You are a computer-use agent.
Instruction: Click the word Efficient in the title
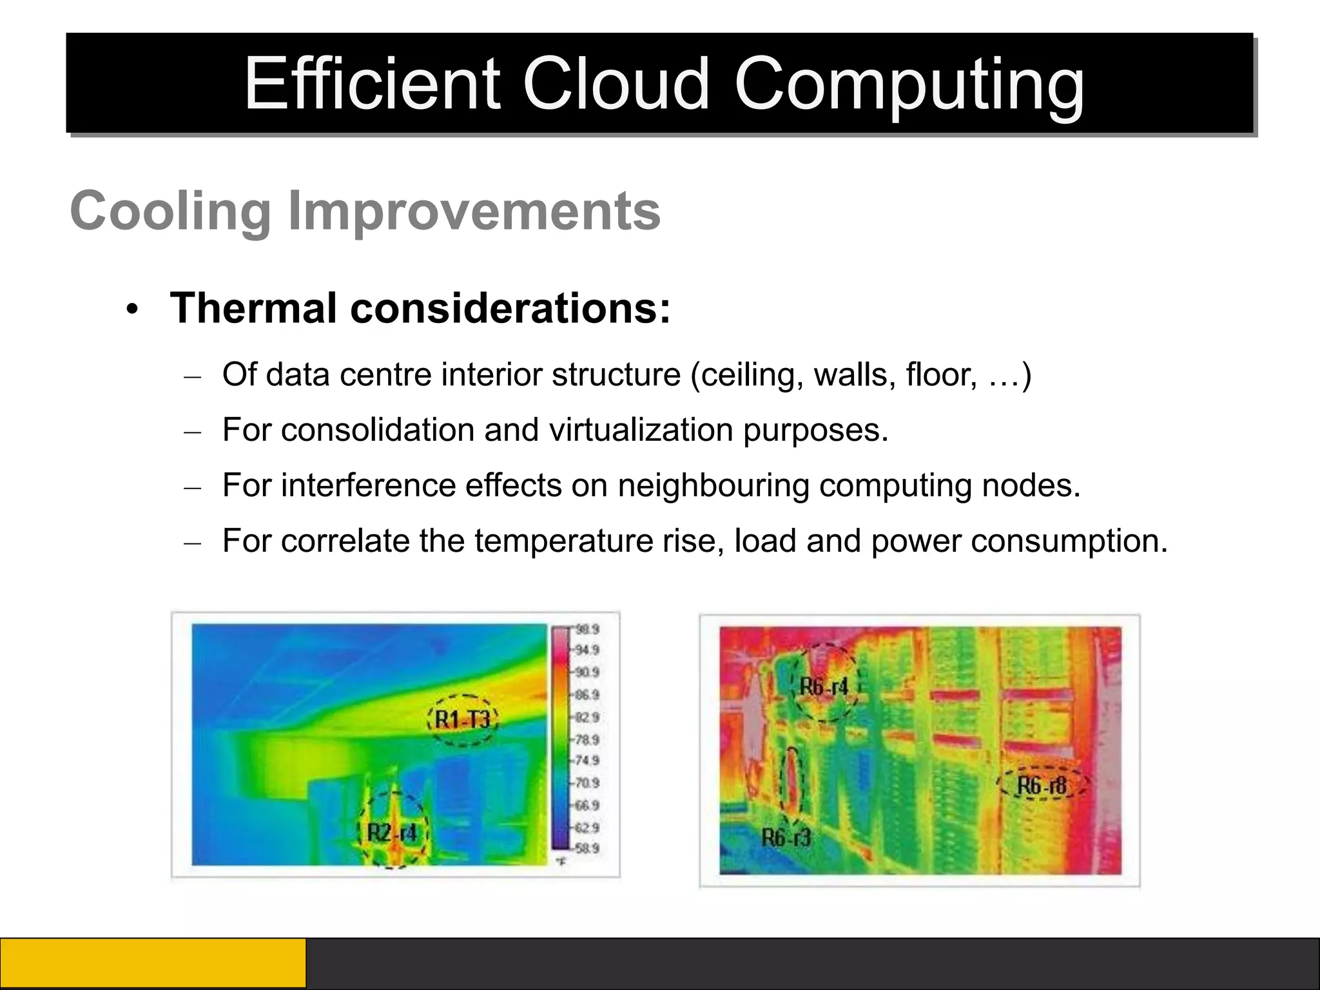pyautogui.click(x=372, y=84)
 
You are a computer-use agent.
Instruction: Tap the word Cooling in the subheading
pyautogui.click(x=171, y=211)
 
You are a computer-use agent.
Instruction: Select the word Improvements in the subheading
pyautogui.click(x=474, y=212)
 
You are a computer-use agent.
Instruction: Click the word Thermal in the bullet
pyautogui.click(x=253, y=308)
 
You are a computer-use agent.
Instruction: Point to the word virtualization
pyautogui.click(x=641, y=429)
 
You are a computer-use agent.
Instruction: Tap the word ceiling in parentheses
pyautogui.click(x=747, y=374)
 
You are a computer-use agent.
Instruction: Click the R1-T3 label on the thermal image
pyautogui.click(x=463, y=719)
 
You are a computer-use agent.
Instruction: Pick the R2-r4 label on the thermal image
pyautogui.click(x=392, y=833)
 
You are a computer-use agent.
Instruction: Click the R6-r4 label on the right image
pyautogui.click(x=824, y=686)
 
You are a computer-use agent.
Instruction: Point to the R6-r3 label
pyautogui.click(x=786, y=837)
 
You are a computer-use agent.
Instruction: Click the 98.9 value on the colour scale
pyautogui.click(x=587, y=629)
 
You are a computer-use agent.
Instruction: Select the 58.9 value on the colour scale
pyautogui.click(x=587, y=848)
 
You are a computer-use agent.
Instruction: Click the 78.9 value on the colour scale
pyautogui.click(x=587, y=739)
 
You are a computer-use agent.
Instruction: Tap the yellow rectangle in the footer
pyautogui.click(x=153, y=963)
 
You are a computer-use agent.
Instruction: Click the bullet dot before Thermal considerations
pyautogui.click(x=133, y=310)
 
